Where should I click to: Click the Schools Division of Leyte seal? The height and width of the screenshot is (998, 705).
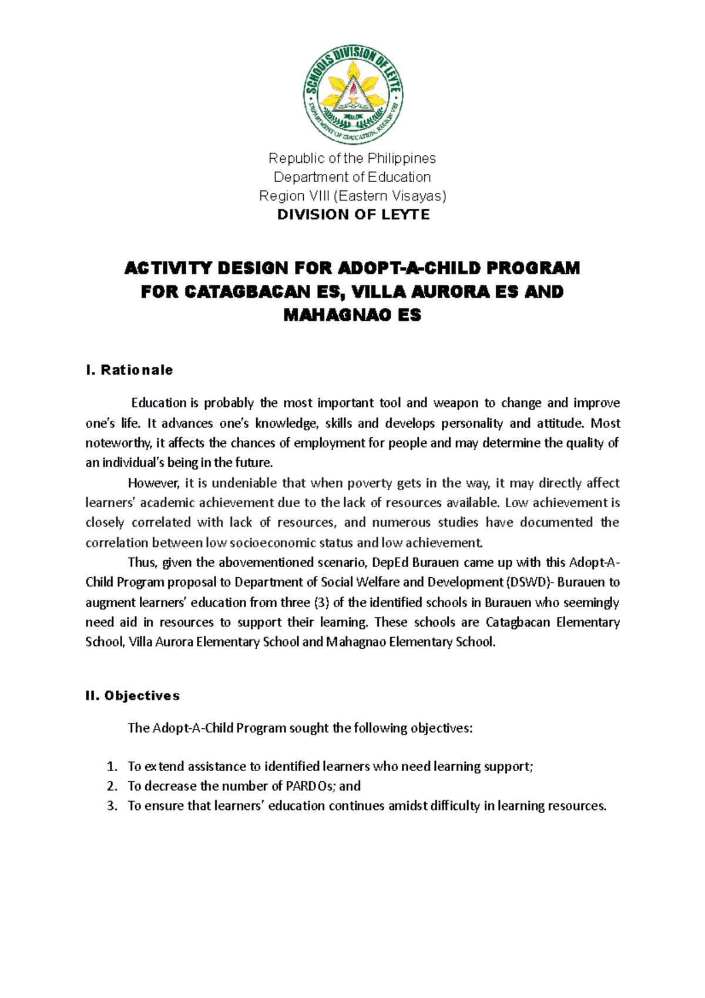352,95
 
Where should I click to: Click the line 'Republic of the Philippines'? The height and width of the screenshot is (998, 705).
352,158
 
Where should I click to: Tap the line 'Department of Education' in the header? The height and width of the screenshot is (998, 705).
352,177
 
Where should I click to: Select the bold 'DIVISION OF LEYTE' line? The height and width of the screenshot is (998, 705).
353,215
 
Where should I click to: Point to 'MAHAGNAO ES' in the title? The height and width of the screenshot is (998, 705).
352,316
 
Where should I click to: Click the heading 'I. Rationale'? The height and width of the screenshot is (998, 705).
129,370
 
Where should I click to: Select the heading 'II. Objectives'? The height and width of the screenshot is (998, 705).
133,696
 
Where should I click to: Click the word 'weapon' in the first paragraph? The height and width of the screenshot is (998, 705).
455,403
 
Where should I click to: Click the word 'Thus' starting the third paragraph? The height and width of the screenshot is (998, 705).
142,562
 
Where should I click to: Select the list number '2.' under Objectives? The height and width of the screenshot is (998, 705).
112,786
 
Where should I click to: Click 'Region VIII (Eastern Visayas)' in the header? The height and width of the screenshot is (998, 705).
352,196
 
